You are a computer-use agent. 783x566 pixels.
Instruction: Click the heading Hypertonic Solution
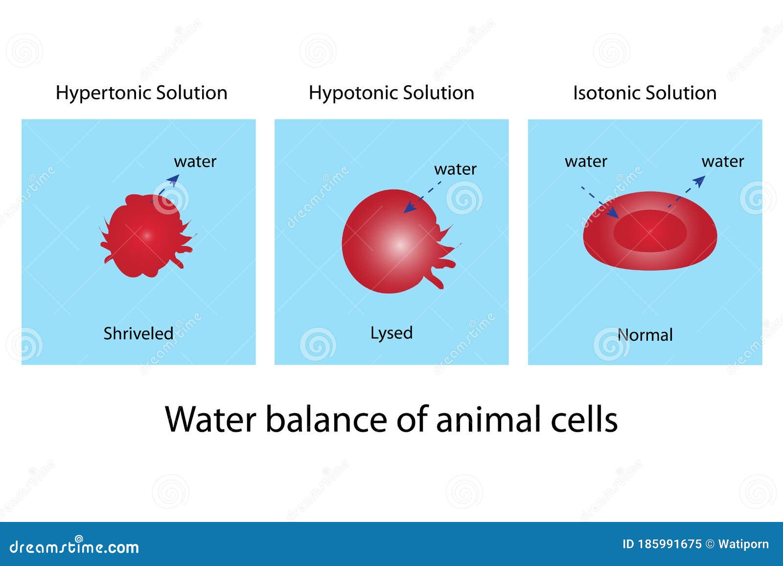pos(141,94)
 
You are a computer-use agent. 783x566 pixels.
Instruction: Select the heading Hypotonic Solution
pos(391,94)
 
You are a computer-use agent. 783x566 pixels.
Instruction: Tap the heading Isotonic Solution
pos(645,93)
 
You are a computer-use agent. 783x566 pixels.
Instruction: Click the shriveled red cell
pos(147,236)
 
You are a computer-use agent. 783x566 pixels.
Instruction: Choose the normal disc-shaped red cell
pos(650,231)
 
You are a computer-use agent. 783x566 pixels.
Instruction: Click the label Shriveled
pos(138,333)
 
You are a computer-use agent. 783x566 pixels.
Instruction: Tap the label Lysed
pos(391,333)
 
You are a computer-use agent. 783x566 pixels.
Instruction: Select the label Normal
pos(645,335)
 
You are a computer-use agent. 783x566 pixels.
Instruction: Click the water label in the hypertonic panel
pos(195,162)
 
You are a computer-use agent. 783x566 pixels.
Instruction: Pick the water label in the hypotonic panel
pos(455,169)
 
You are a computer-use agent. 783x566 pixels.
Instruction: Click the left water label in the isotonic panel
pos(586,162)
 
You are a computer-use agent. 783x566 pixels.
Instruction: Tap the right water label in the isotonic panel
pos(722,162)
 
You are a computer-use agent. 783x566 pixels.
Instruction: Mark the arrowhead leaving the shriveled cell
pos(173,180)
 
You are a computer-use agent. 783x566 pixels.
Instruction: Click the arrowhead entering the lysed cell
pos(410,208)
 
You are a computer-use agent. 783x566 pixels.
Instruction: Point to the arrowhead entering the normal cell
pos(613,212)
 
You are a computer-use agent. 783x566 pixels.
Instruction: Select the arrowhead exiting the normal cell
pos(699,181)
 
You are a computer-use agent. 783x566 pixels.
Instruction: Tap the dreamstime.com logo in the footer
pos(74,546)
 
